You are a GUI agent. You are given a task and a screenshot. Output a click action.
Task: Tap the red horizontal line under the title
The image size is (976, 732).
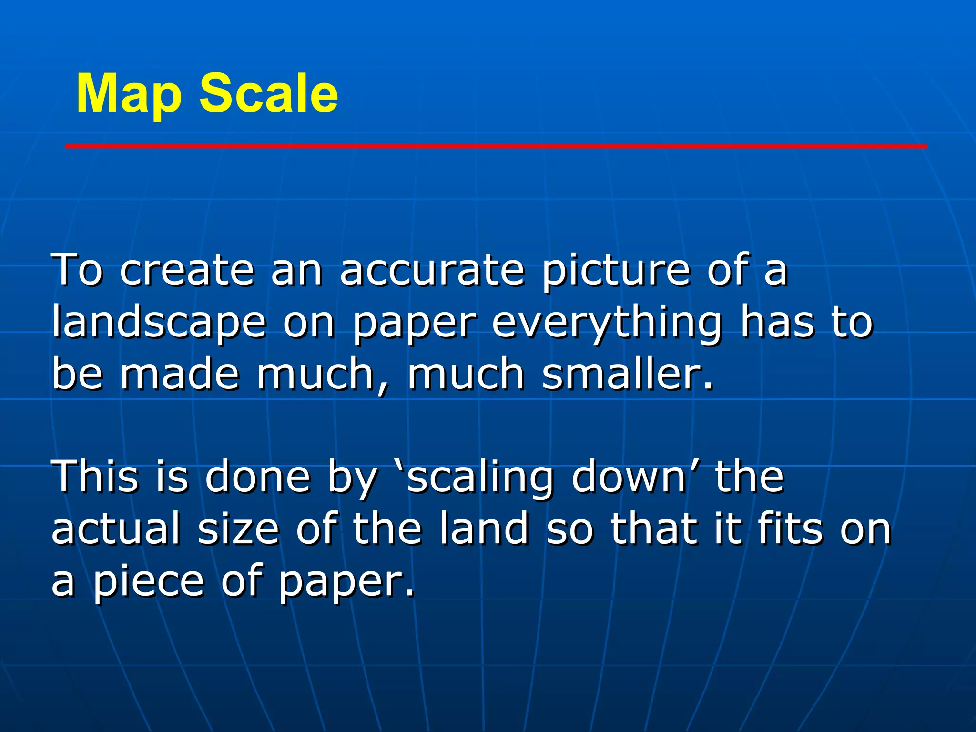pos(496,146)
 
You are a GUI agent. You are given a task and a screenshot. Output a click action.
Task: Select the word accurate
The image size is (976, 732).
pos(432,270)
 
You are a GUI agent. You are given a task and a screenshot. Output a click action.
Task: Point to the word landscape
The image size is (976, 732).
pos(159,324)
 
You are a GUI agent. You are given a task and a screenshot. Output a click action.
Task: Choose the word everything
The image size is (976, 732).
pos(606,324)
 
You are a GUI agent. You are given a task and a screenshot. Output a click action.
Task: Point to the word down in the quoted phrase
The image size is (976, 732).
pos(629,477)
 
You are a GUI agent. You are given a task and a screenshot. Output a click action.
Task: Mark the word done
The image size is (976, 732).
pos(257,477)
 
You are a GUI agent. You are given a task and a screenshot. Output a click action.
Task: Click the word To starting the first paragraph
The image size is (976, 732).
pos(77,270)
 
